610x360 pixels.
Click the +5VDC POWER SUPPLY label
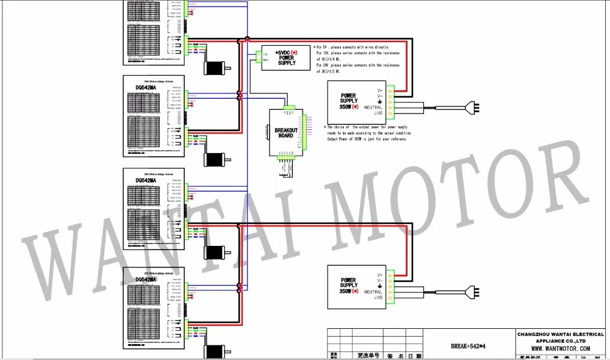285,58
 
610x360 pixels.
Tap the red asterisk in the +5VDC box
295,53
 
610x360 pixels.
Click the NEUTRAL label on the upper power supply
373,107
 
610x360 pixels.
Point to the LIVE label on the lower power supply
374,298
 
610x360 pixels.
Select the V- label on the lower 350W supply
379,281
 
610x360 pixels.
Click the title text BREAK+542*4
467,347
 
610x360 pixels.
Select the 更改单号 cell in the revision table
368,355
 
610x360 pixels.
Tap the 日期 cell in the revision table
414,355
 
